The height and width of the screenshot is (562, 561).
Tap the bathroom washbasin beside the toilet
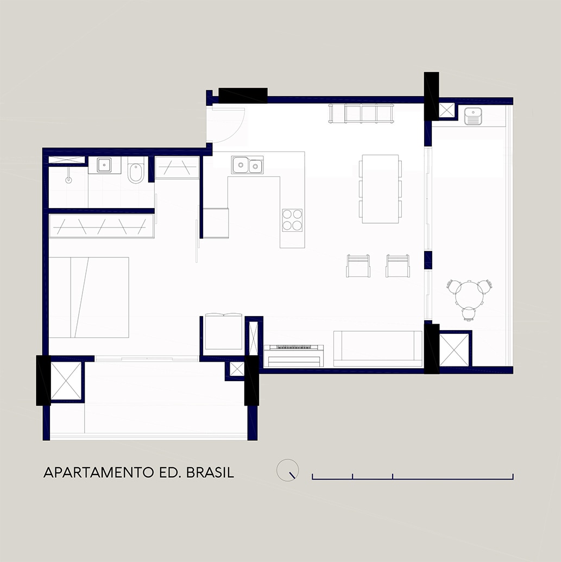pos(104,165)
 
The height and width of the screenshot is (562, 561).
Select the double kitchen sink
pos(247,165)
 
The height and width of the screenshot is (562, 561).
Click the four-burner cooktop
pos(292,220)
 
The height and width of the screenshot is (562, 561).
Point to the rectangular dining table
pos(380,189)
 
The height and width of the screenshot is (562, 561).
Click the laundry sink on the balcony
pos(473,116)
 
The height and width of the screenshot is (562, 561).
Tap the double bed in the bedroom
pos(89,297)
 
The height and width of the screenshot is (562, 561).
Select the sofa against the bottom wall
pos(378,349)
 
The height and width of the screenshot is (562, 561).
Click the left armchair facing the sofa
pos(358,266)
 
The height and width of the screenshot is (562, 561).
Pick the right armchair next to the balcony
pos(398,266)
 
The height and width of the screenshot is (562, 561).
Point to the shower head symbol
pos(68,179)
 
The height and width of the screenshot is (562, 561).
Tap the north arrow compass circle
pos(287,470)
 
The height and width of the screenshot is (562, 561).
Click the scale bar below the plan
pos(413,477)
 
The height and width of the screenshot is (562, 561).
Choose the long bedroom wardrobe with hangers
pos(102,226)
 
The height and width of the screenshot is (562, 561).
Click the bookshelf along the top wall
pos(361,113)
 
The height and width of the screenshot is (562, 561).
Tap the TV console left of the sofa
pos(294,356)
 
